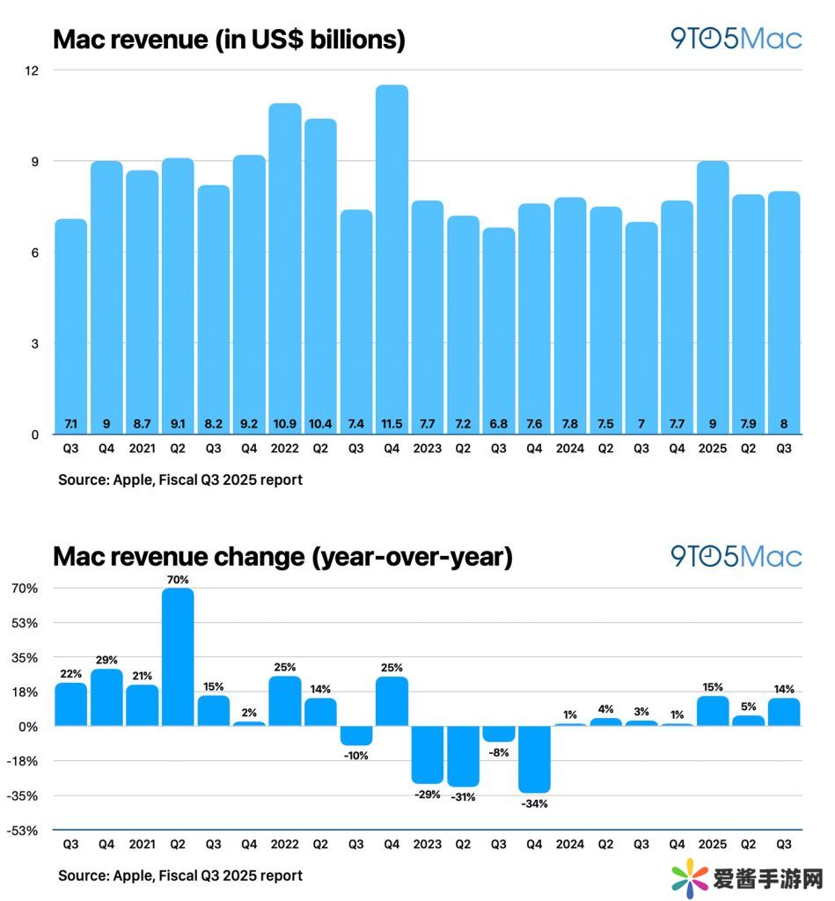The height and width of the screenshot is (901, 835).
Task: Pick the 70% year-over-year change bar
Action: click(178, 656)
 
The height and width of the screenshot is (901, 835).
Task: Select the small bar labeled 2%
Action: click(249, 723)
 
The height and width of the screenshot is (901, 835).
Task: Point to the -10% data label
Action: click(356, 756)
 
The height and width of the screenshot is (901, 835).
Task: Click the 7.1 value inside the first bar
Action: click(71, 424)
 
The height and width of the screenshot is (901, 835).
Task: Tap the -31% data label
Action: click(463, 797)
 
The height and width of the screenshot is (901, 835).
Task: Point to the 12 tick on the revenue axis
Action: click(33, 70)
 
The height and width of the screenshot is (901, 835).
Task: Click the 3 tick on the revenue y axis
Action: click(36, 343)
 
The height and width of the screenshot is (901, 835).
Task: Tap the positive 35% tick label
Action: click(24, 658)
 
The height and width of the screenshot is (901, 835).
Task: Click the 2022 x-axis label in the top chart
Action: click(285, 449)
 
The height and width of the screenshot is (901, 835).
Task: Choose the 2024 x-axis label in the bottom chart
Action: click(570, 845)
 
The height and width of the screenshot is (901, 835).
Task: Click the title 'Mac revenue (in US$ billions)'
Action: click(229, 40)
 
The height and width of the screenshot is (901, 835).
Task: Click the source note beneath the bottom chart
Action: click(180, 875)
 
